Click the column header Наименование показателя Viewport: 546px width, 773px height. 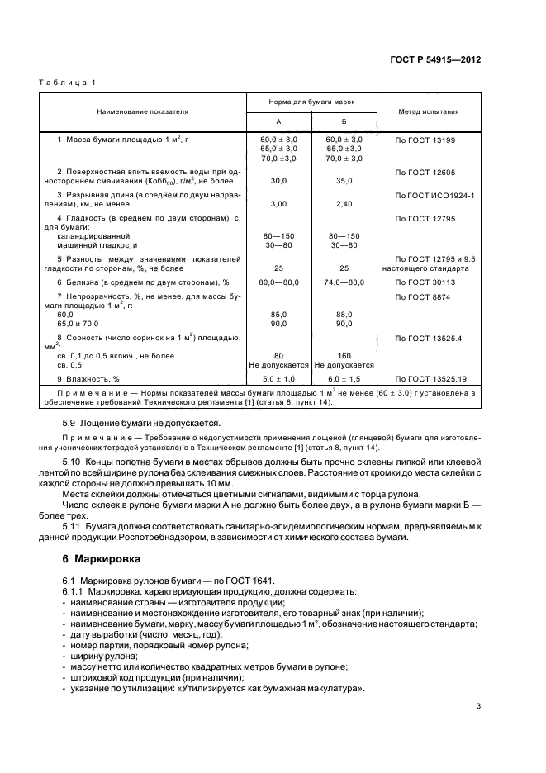142,111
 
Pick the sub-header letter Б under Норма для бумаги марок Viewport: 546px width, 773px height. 344,121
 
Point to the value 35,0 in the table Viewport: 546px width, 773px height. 344,180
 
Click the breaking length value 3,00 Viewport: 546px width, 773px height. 278,202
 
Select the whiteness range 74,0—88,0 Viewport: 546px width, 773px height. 344,282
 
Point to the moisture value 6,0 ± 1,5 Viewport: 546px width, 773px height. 344,378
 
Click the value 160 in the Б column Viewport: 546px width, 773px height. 344,356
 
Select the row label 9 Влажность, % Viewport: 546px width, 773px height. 92,378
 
